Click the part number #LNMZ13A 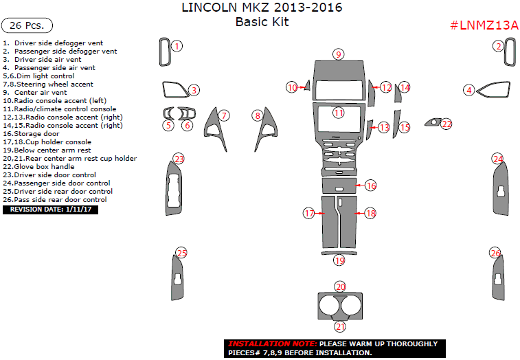(484, 25)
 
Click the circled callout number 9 (338, 54)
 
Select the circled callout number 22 (446, 124)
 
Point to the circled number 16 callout (371, 185)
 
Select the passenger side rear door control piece (499, 279)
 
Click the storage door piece (337, 186)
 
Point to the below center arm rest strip (339, 253)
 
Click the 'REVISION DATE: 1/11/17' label (50, 210)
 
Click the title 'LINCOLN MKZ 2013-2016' (261, 8)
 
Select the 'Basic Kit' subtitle (262, 22)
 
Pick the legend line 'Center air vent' (40, 92)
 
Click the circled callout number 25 (181, 253)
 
